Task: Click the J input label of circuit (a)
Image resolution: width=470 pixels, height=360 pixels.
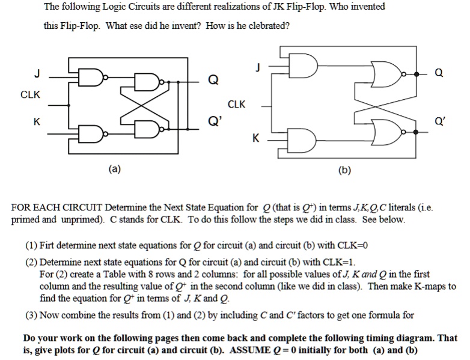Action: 37,75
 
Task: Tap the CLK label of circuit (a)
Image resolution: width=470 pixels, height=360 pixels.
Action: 31,95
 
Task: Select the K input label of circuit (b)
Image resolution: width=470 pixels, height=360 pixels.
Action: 256,139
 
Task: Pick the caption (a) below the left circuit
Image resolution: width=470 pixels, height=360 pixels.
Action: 114,169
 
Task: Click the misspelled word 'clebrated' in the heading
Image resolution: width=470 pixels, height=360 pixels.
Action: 270,26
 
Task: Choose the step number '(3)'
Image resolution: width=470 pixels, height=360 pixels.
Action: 30,314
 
